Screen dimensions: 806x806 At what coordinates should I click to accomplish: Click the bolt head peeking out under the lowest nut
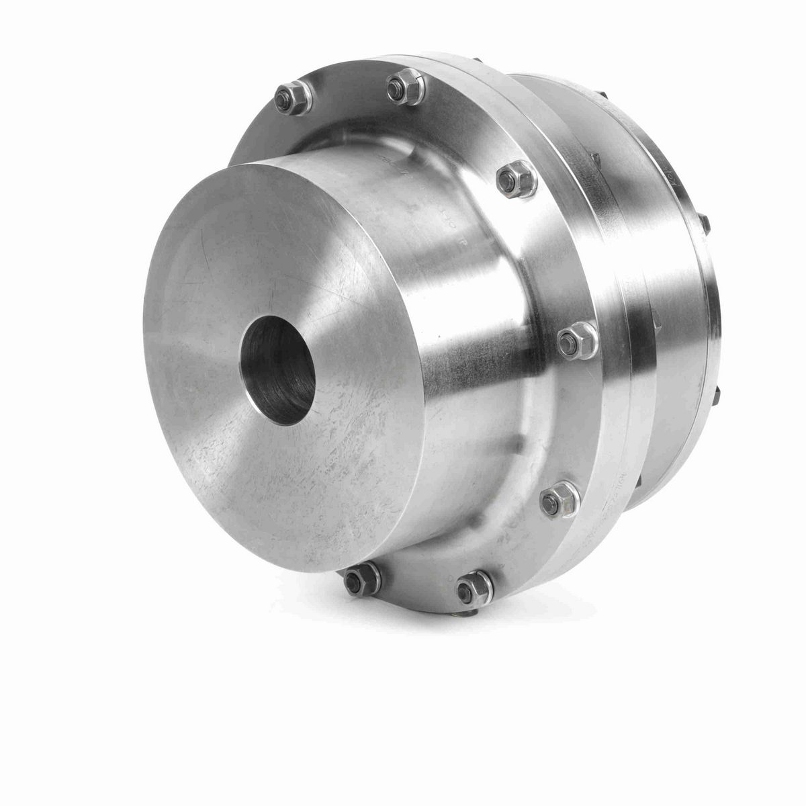pyautogui.click(x=474, y=608)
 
